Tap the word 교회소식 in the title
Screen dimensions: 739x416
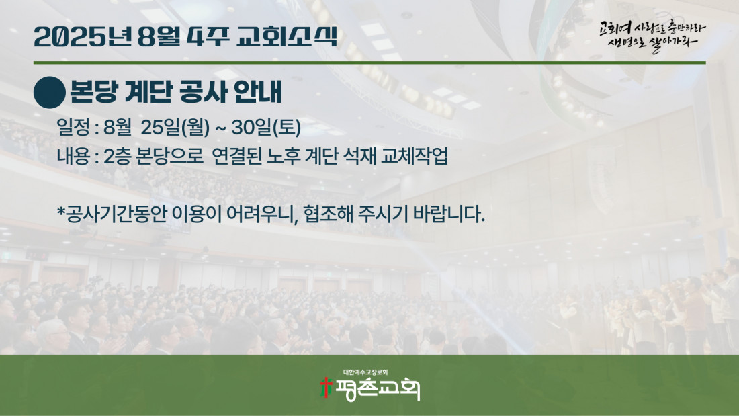(x=287, y=36)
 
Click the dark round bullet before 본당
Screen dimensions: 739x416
(x=50, y=92)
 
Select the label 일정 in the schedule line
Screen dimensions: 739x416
(x=73, y=127)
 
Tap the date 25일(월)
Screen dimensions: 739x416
(x=175, y=127)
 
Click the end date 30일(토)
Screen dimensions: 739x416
(x=266, y=127)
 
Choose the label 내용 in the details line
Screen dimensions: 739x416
(x=73, y=156)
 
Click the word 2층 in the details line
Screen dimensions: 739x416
(x=117, y=156)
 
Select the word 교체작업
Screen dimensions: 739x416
(x=415, y=156)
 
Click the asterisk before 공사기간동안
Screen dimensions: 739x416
(x=60, y=210)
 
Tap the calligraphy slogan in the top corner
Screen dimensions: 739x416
(x=652, y=36)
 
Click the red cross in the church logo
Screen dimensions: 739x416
(x=326, y=388)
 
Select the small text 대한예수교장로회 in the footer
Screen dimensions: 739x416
(x=365, y=372)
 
